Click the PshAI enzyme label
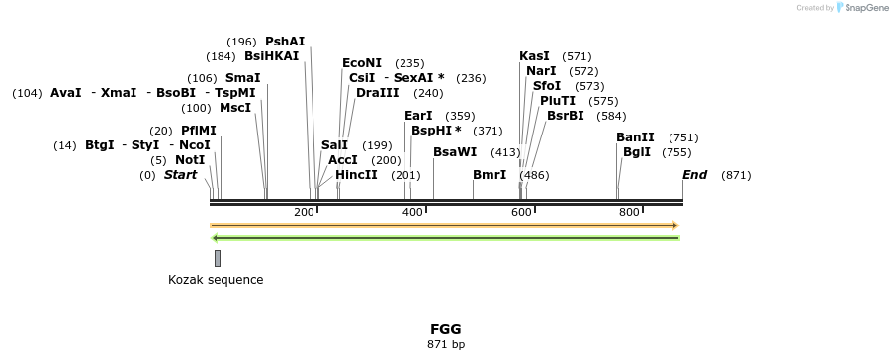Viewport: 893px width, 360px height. click(285, 42)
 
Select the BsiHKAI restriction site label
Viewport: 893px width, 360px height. click(271, 56)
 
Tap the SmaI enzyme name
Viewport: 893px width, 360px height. click(242, 78)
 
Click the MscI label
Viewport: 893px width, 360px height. click(235, 108)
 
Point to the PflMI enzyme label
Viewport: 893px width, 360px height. click(198, 131)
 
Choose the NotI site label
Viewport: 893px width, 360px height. click(190, 160)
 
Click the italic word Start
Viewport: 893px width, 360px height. click(180, 175)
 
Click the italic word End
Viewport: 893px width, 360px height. click(695, 175)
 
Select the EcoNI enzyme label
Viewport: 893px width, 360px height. click(362, 63)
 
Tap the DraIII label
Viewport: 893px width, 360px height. click(378, 93)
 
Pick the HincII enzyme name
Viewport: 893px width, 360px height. click(356, 175)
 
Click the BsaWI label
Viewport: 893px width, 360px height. click(455, 152)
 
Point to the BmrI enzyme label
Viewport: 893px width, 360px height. click(490, 175)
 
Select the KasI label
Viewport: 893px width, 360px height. click(534, 56)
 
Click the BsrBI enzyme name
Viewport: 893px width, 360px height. click(565, 116)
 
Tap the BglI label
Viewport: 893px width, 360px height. click(637, 152)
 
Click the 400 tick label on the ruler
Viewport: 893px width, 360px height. click(412, 212)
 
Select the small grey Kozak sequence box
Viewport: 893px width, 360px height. click(218, 258)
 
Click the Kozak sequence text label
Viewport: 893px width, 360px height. click(216, 280)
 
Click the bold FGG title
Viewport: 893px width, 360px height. click(445, 329)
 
